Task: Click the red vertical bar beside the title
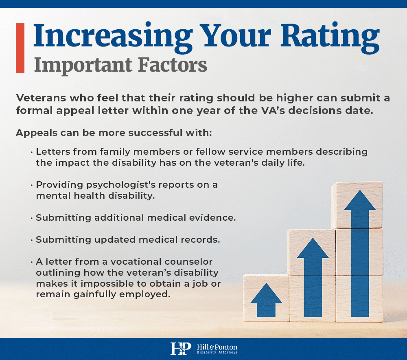(20, 48)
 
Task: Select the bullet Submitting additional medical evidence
(136, 217)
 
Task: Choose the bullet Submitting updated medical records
(128, 239)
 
